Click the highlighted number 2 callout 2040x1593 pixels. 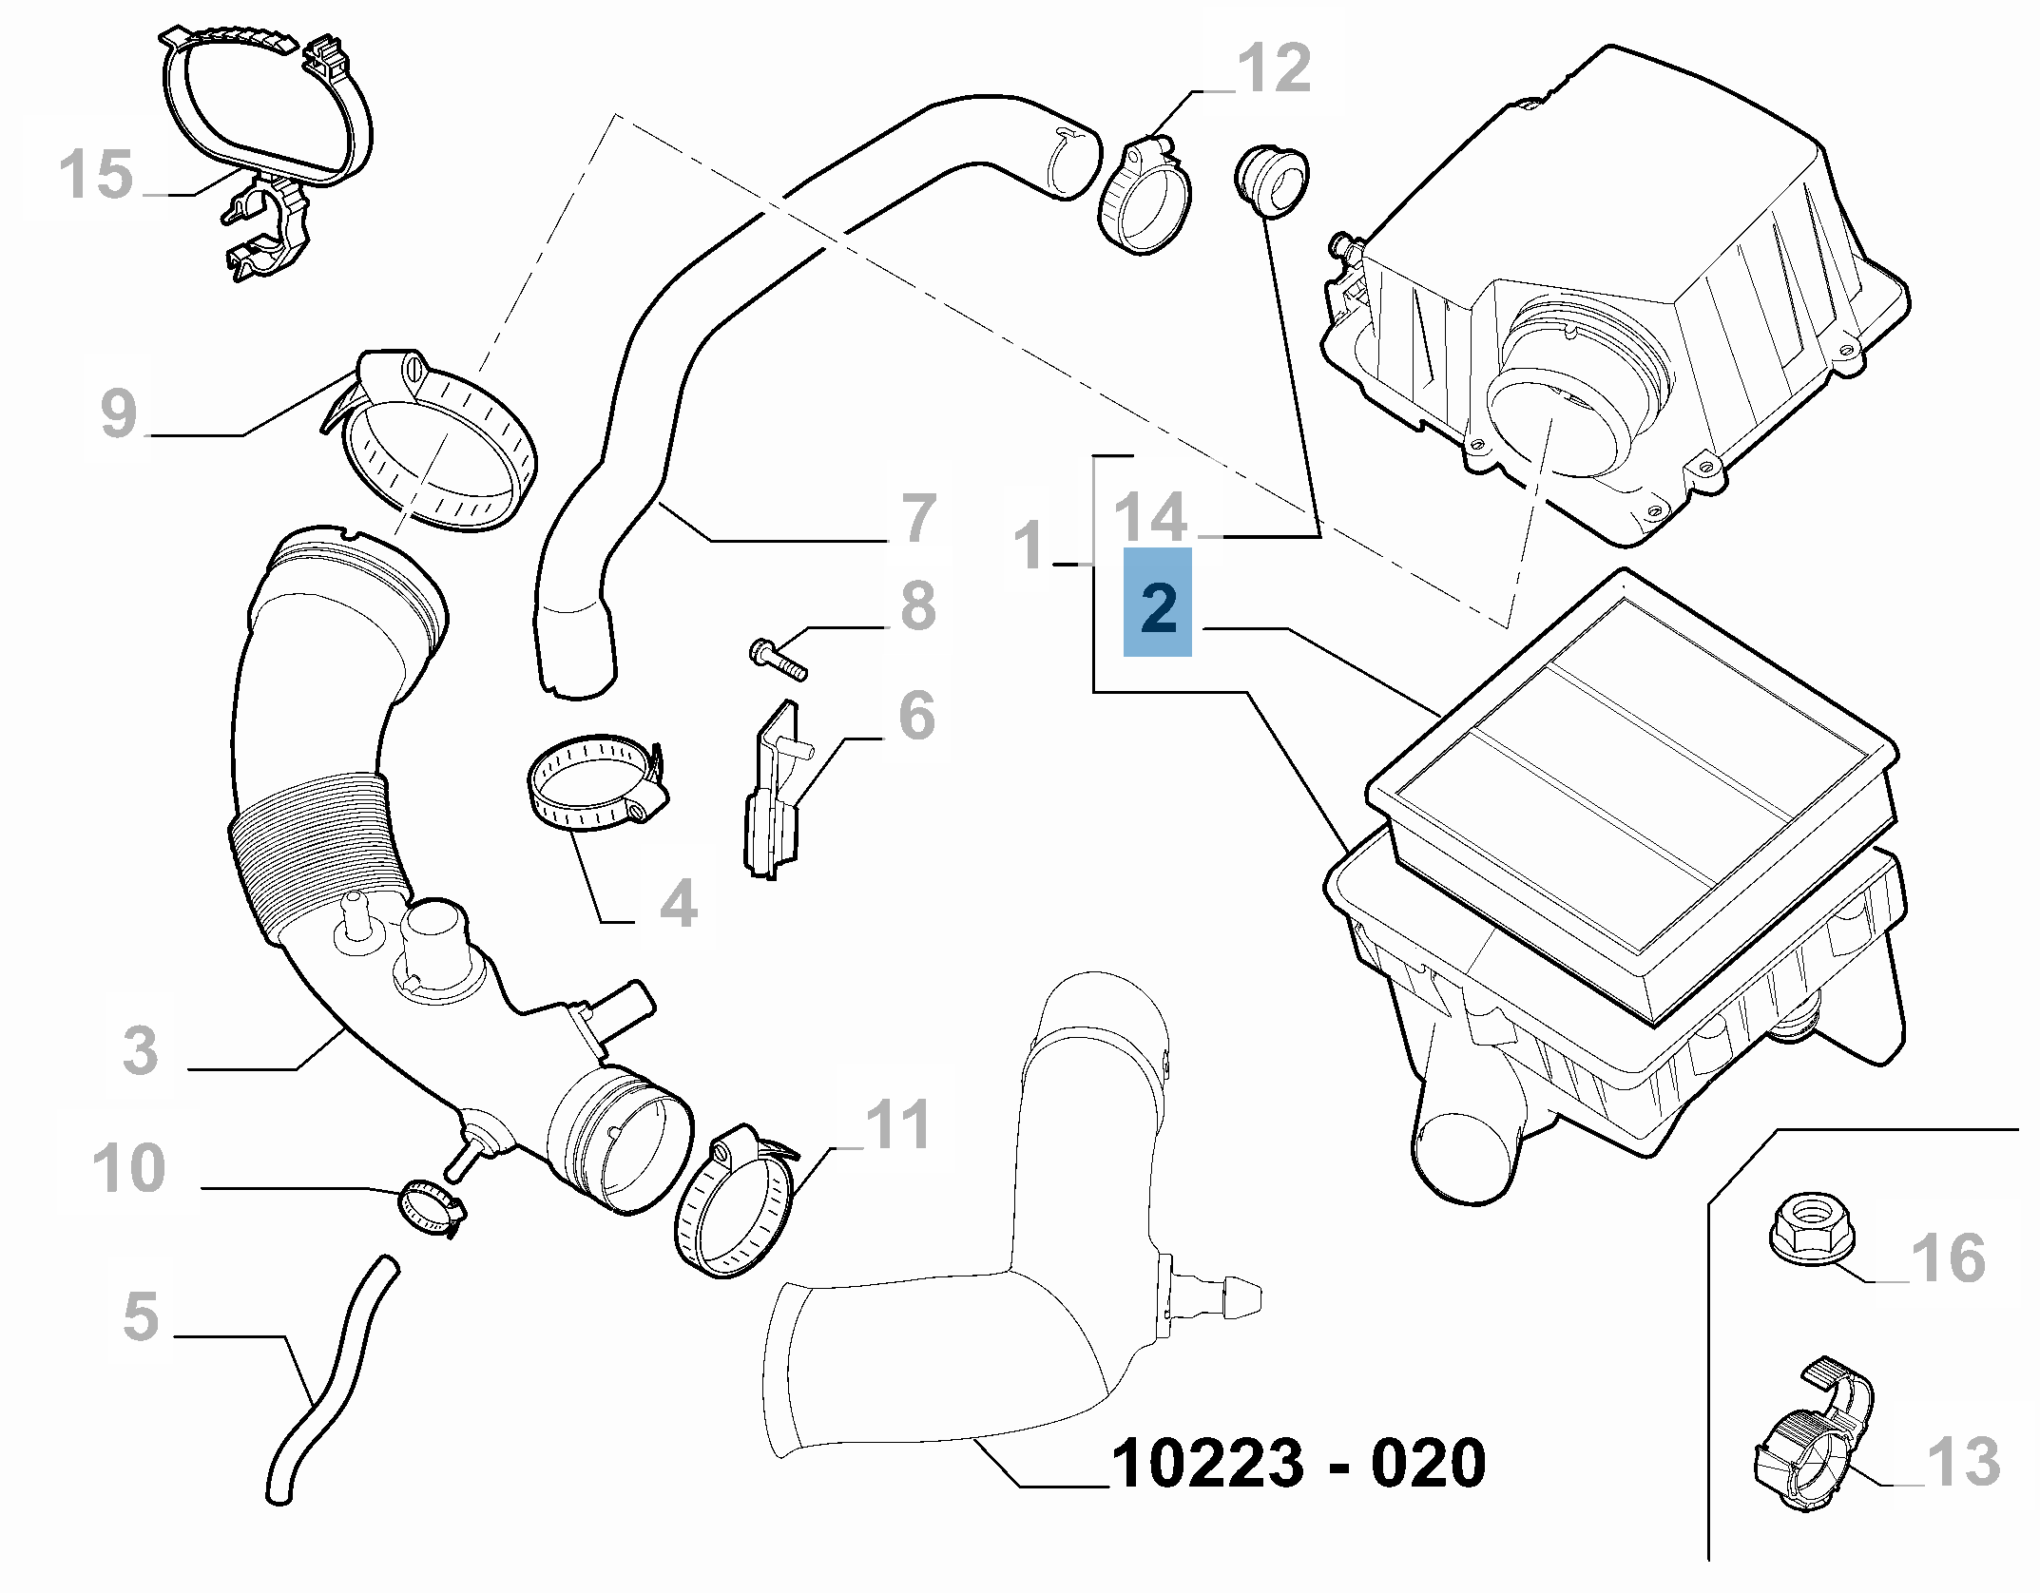(1157, 602)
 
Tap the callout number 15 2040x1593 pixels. (95, 175)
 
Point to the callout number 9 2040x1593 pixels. (118, 413)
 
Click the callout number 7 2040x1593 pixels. (918, 519)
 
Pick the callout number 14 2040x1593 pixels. (1150, 518)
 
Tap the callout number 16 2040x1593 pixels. (1949, 1257)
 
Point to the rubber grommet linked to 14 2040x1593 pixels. (1270, 181)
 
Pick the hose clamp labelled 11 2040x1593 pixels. (736, 1204)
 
